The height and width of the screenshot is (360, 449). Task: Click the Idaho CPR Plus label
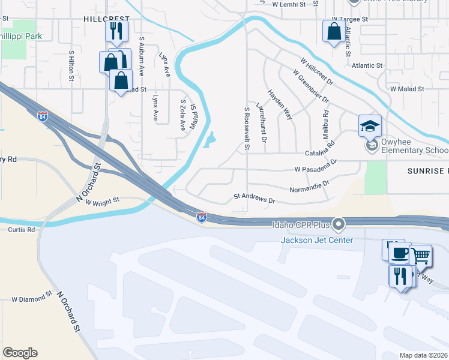302,225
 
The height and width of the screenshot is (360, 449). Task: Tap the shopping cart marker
420,256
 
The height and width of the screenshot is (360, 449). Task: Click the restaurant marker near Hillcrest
116,31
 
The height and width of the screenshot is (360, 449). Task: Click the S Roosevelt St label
246,125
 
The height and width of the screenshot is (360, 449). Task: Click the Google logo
20,353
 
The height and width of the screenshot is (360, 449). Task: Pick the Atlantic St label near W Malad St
367,65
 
